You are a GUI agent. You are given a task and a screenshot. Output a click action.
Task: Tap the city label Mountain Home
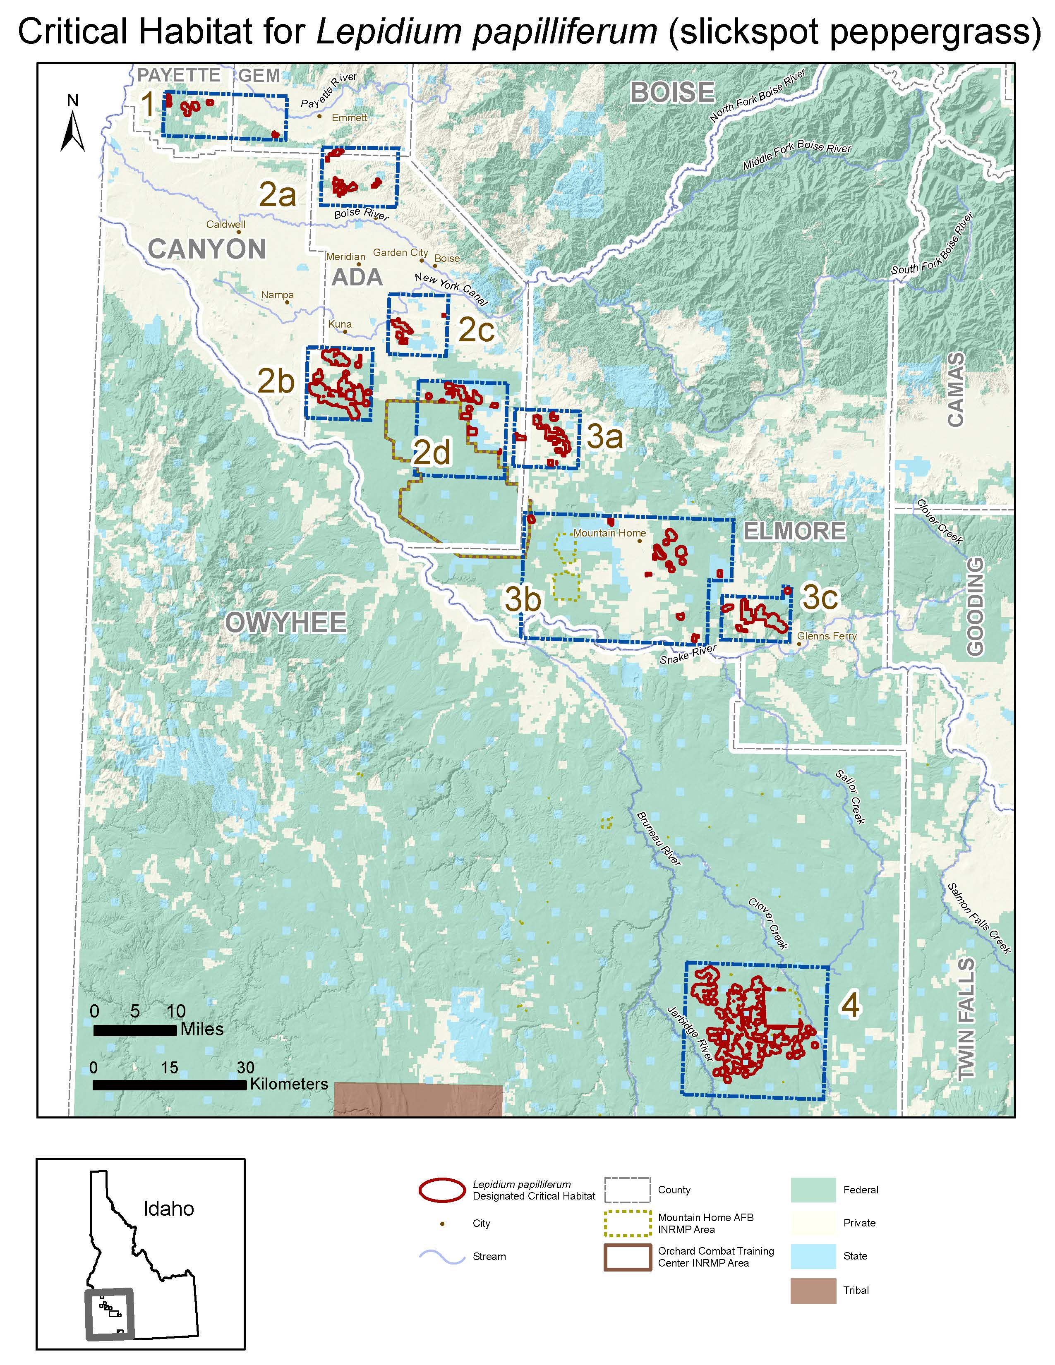609,533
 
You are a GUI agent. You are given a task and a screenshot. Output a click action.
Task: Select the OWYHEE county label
285,623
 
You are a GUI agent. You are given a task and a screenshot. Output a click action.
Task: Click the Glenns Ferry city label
826,636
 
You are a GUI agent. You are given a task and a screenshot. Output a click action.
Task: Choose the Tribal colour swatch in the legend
813,1290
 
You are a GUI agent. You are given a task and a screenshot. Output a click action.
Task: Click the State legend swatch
813,1256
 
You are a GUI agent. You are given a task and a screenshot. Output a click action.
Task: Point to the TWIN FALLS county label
966,1019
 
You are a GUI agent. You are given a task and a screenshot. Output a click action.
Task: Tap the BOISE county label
672,93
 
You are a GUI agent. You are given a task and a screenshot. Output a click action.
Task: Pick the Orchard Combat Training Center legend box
628,1257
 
